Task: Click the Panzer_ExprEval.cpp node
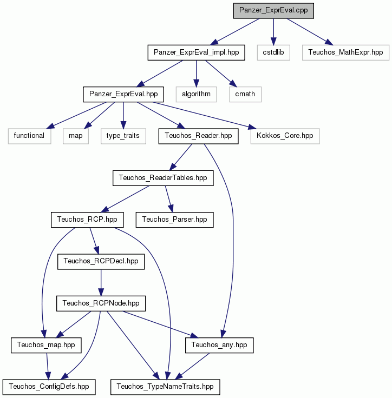tap(273, 11)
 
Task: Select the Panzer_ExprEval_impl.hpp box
tap(196, 52)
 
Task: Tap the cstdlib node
tap(273, 52)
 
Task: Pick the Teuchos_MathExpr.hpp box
tap(345, 52)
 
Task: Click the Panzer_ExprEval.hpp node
tap(123, 95)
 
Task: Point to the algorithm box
tap(196, 95)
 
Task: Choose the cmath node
tap(245, 95)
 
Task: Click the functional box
tap(29, 136)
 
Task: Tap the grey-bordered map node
tap(76, 136)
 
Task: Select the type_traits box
tap(123, 136)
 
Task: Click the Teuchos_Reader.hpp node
tap(198, 136)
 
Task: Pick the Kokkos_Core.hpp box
tap(285, 136)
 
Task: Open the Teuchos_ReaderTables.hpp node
tap(163, 178)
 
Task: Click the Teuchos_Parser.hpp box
tap(175, 220)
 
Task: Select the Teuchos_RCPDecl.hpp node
tap(101, 262)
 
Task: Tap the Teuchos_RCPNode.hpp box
tap(101, 303)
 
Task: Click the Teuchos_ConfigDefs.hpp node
tap(49, 387)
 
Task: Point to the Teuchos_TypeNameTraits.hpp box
tap(165, 387)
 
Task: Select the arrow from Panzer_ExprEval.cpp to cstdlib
tap(273, 32)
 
